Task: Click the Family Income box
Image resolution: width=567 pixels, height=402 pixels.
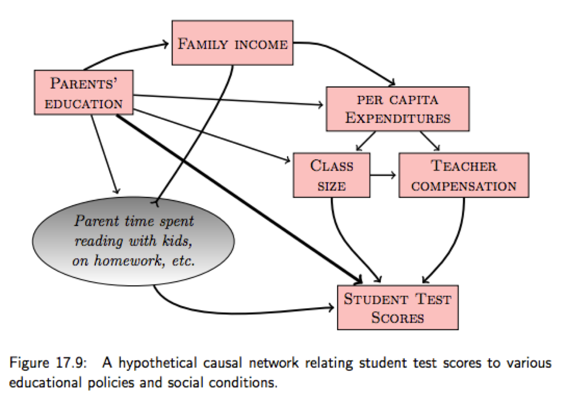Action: coord(232,43)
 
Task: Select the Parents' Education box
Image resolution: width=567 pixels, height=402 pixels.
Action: coord(84,93)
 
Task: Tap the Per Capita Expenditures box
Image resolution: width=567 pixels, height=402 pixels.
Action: coord(397,109)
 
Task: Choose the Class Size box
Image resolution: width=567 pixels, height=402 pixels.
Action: coord(331,175)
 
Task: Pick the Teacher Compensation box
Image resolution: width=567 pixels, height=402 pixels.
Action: coord(463,175)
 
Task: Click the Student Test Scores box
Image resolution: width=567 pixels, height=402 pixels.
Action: coord(397,307)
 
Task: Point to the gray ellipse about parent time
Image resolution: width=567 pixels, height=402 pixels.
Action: coord(133,241)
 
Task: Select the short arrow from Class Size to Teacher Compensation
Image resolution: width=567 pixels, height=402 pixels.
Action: coord(383,175)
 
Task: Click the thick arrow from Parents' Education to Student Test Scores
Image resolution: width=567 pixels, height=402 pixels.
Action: coord(236,197)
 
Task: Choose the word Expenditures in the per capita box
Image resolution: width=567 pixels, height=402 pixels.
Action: coord(397,118)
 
